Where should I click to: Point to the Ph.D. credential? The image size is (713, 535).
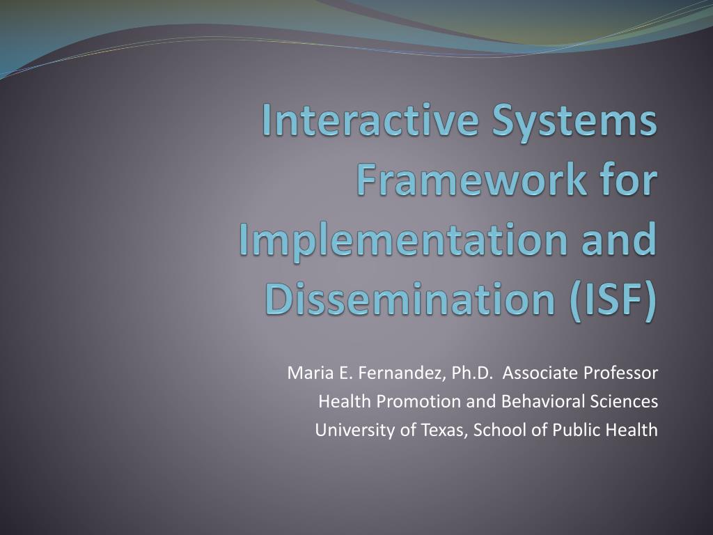(473, 373)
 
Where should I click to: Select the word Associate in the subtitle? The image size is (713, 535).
(540, 373)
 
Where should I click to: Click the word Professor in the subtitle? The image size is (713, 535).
(620, 373)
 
